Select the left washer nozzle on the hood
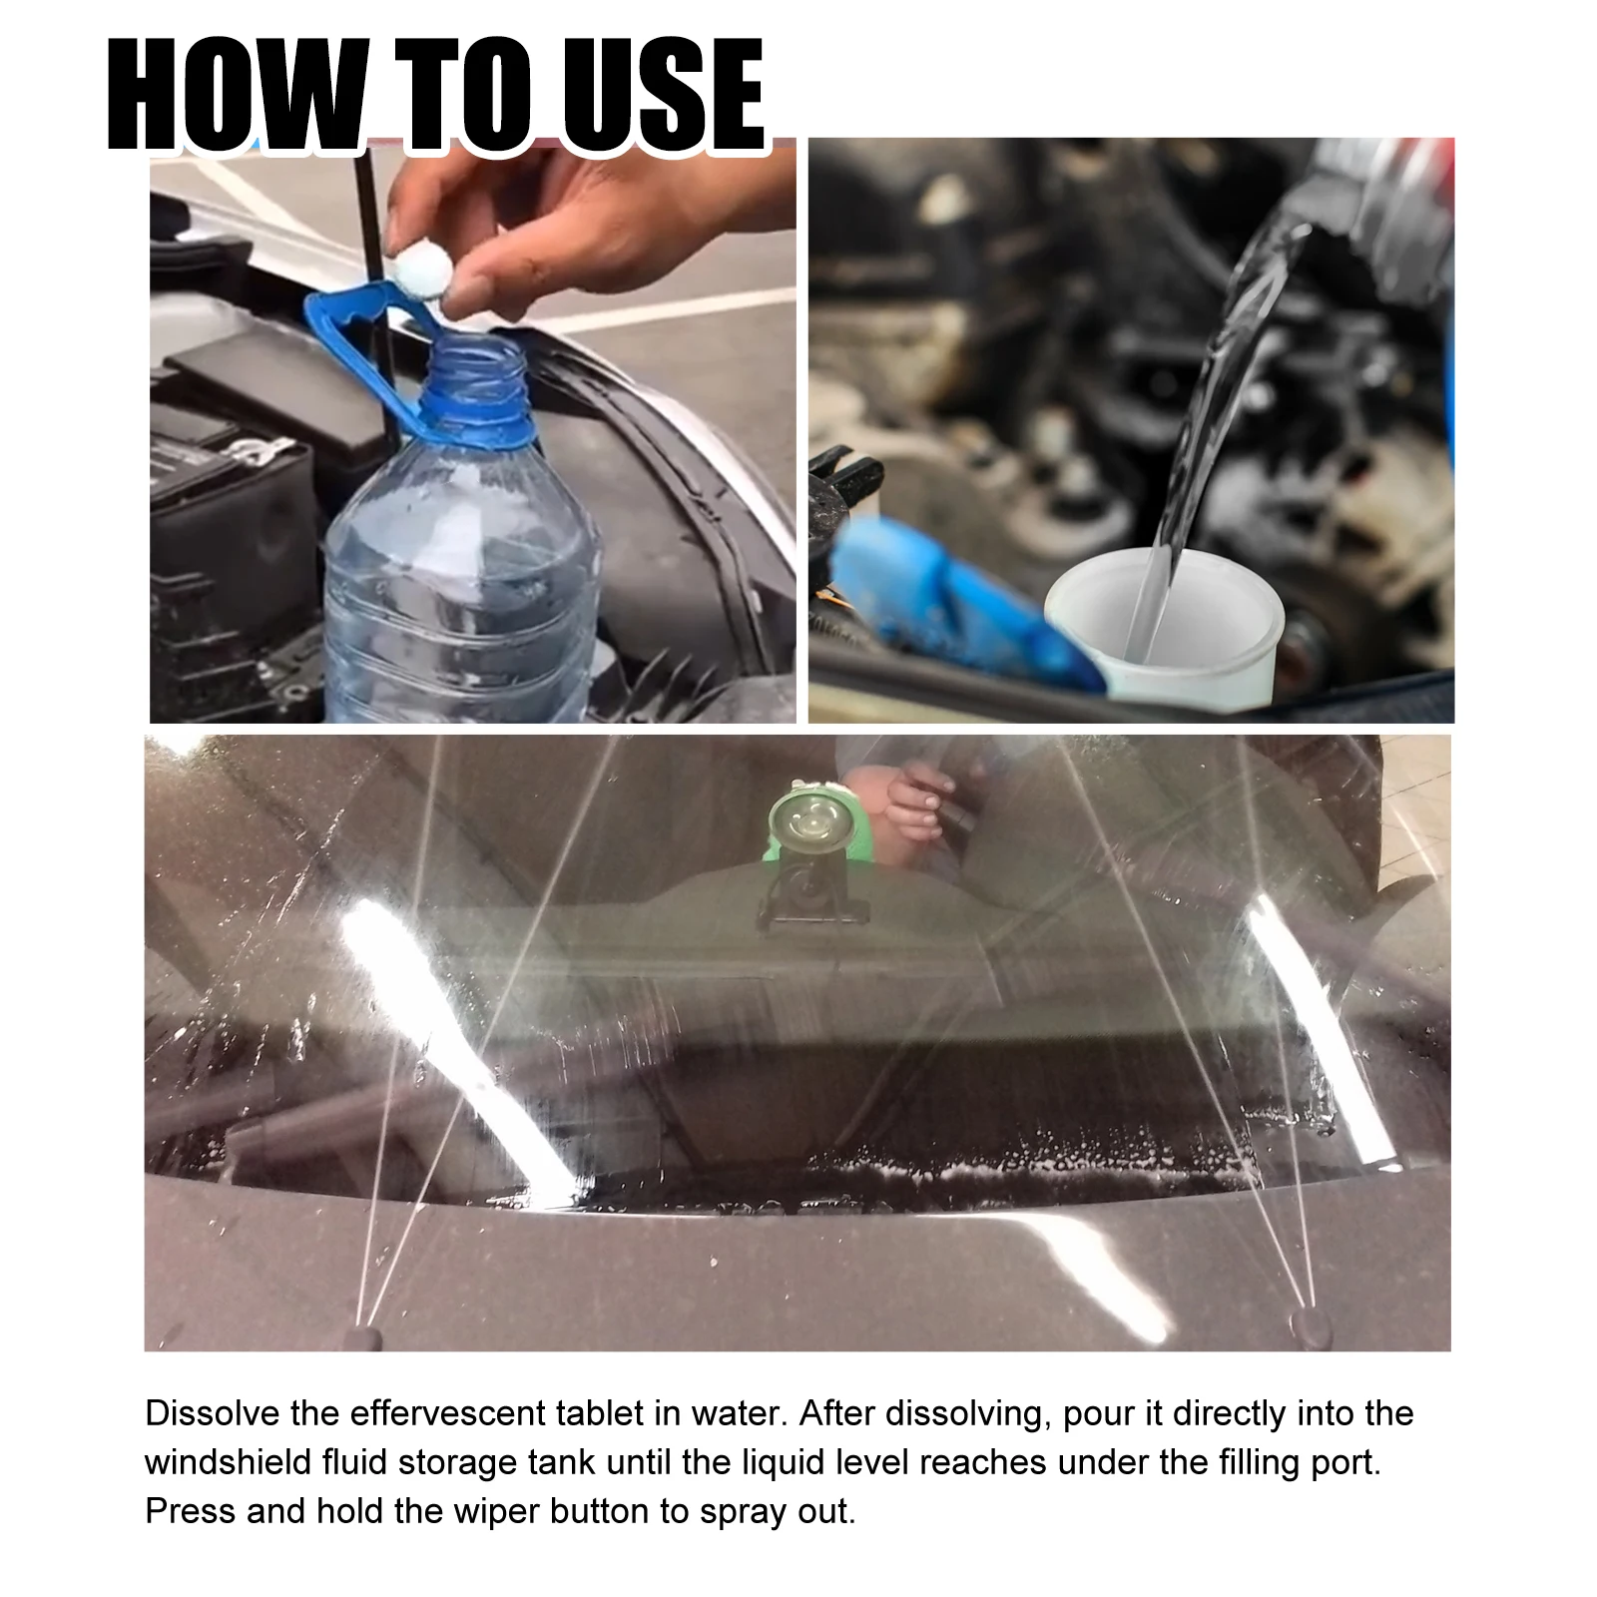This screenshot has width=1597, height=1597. coord(360,1335)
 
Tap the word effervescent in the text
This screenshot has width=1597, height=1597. coord(456,1414)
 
